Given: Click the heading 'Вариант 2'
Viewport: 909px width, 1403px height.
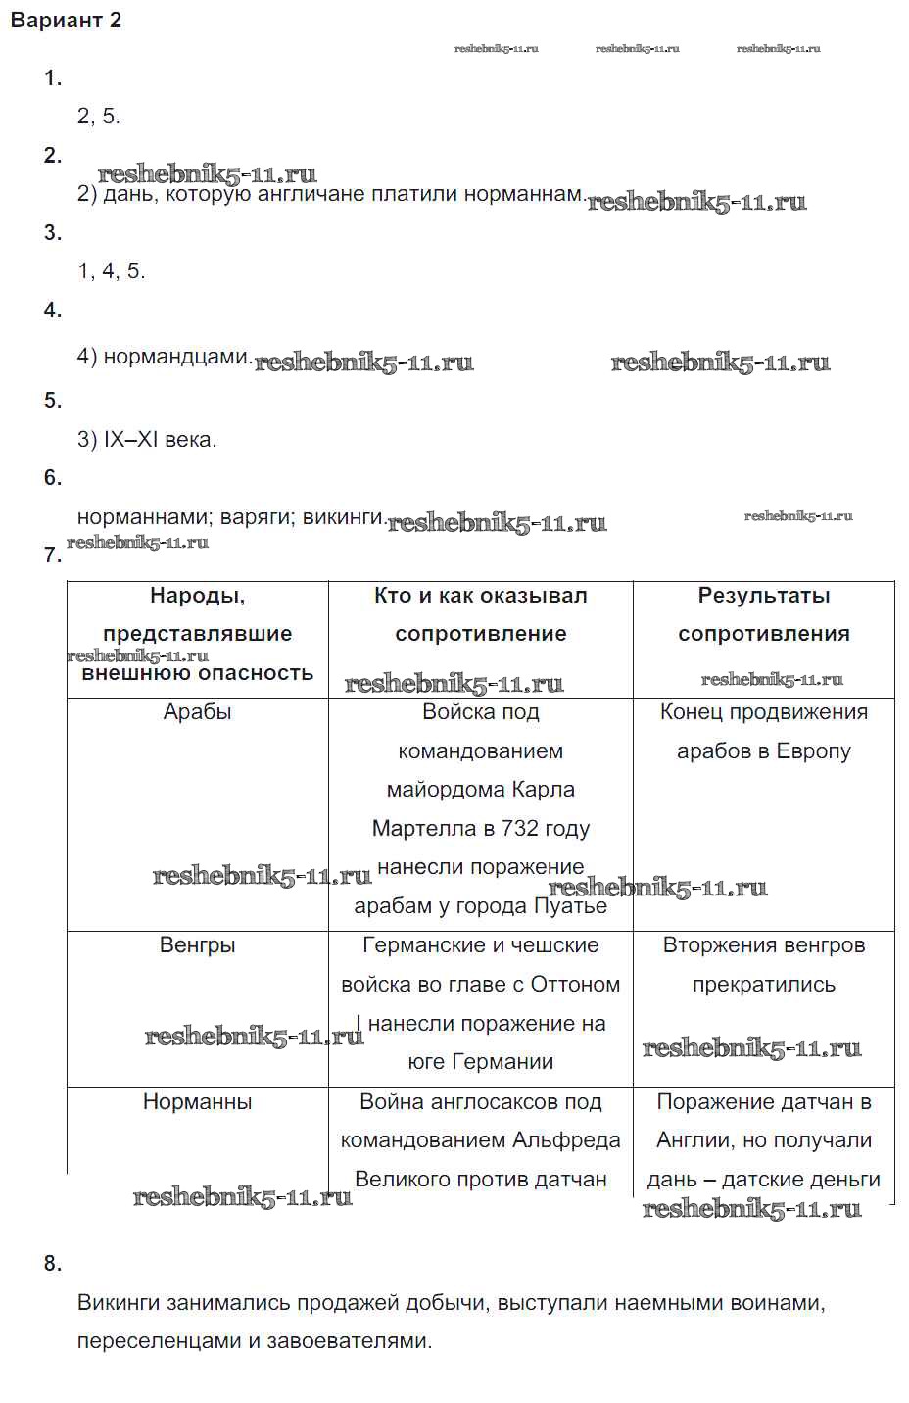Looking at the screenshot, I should coord(66,21).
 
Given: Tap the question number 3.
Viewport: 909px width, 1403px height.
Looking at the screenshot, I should coord(53,233).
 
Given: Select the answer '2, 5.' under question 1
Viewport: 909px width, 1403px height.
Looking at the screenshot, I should coord(98,117).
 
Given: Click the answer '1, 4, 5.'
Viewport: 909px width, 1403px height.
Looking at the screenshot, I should coord(111,271).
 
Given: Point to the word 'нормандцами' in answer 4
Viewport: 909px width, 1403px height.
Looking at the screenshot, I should coord(176,357).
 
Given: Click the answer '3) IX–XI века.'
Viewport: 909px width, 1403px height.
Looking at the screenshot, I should coord(147,440).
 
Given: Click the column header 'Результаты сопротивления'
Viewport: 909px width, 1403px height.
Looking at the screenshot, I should coord(763,614).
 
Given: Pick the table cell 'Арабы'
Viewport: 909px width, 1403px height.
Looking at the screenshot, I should coord(197,712).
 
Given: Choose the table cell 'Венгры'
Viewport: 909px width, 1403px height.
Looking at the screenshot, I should coord(197,945).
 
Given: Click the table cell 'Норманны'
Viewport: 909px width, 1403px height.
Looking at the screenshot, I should coord(197,1102).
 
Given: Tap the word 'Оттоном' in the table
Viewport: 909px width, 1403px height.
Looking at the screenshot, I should coord(575,985).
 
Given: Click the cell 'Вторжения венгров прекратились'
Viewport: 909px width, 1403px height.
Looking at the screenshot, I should coord(763,965).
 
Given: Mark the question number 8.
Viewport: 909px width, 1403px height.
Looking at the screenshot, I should coord(53,1264).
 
